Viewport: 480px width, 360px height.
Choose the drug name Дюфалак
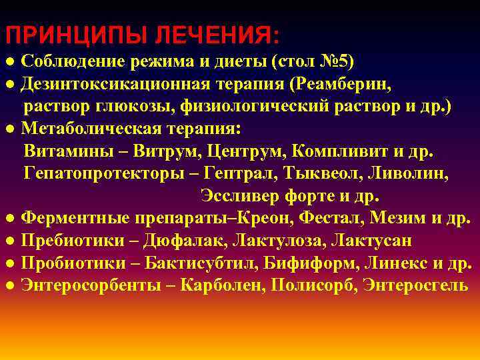coord(180,241)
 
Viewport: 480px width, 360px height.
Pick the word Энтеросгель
coord(422,285)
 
